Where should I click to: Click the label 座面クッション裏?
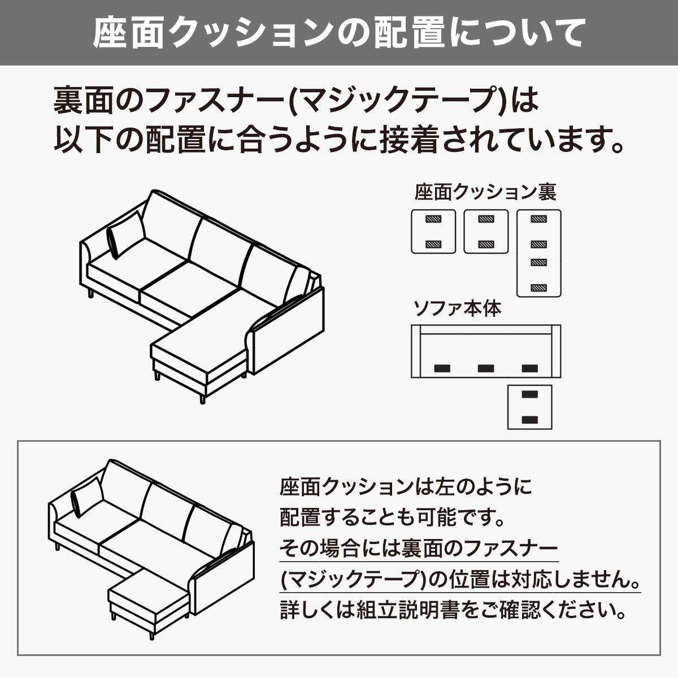[x=485, y=193]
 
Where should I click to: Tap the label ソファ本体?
[x=457, y=308]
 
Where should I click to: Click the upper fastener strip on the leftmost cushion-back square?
[x=433, y=219]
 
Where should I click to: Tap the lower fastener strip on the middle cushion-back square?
[x=486, y=244]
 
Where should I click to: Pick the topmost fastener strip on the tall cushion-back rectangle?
[x=539, y=219]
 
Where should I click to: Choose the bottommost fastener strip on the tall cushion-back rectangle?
[x=539, y=288]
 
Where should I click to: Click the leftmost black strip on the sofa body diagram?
[x=442, y=368]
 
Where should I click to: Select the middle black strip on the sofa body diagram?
[x=486, y=368]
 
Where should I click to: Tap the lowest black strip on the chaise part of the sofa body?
[x=529, y=419]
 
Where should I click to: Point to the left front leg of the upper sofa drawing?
[x=90, y=293]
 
